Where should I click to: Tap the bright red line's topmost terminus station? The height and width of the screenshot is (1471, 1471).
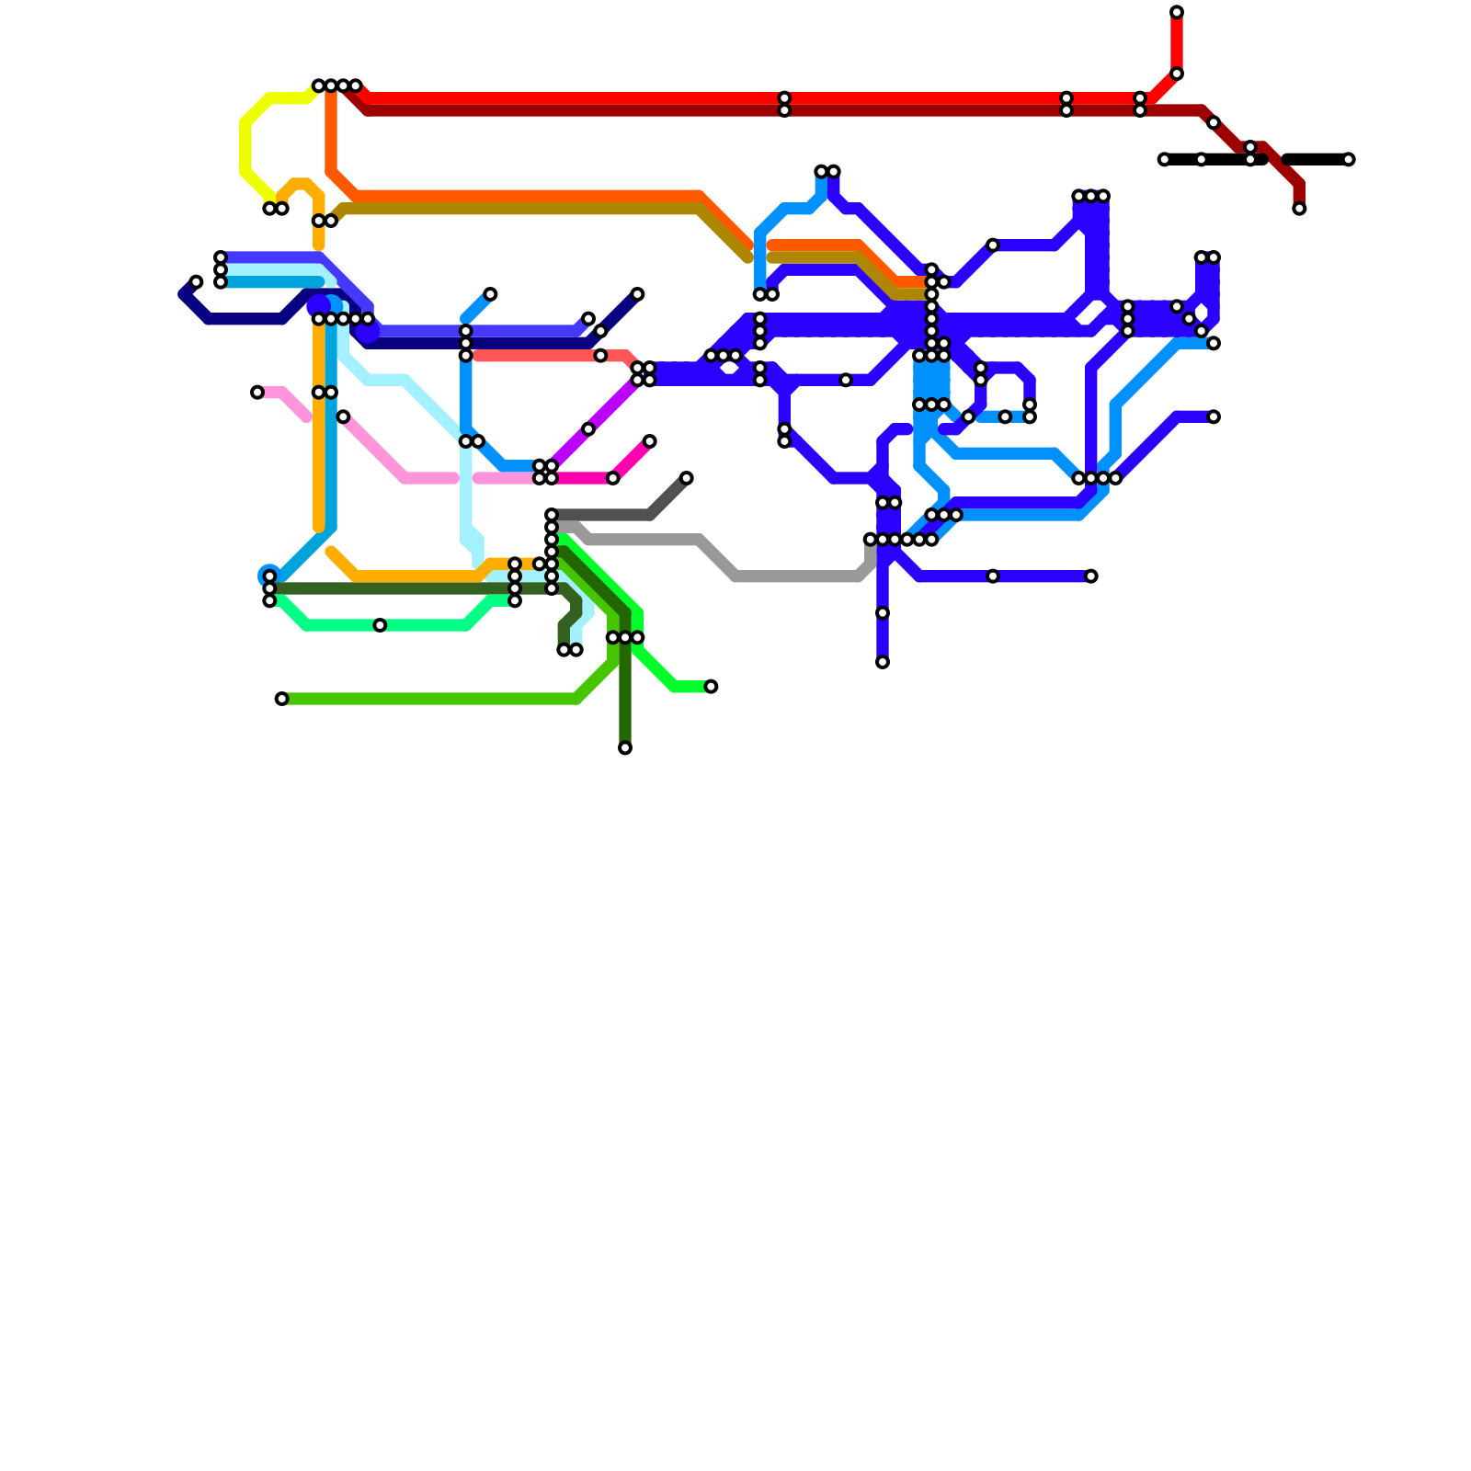(1177, 13)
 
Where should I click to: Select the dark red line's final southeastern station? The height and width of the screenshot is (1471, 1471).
(1299, 209)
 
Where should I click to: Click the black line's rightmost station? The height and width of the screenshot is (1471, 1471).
(1349, 160)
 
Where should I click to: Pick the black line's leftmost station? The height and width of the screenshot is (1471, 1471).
(1164, 160)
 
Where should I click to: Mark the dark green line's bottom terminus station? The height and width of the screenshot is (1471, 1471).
(625, 748)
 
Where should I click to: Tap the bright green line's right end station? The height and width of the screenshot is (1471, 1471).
(711, 687)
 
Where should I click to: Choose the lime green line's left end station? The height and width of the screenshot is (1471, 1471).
(282, 700)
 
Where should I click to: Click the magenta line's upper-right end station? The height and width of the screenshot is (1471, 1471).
(650, 442)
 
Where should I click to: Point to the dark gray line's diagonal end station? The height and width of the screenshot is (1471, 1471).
(687, 478)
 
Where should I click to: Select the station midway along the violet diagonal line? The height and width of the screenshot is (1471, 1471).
(588, 429)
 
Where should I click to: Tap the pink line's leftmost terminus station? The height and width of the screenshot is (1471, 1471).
(257, 393)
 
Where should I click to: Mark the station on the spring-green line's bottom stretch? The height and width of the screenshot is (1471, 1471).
(380, 626)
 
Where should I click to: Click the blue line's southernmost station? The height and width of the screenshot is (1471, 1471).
(883, 662)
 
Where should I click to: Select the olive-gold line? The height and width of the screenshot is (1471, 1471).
(515, 210)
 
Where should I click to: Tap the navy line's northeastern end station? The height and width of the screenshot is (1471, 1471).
(637, 294)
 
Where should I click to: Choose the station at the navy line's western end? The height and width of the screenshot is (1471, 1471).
(196, 282)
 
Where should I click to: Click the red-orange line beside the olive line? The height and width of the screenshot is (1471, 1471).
(515, 196)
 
